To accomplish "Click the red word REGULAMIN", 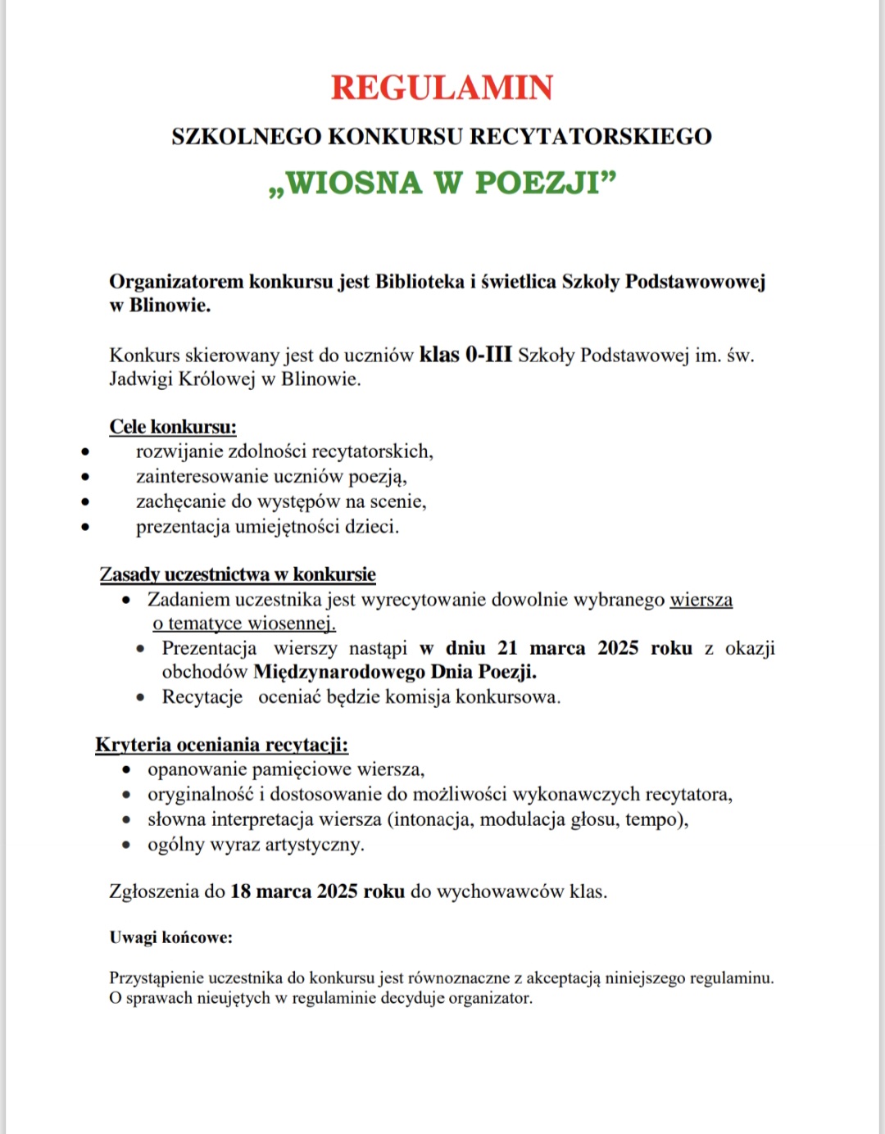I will point(442,88).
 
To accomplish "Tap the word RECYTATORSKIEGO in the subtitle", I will point(590,136).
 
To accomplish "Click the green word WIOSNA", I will point(354,183).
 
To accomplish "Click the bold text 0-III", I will point(488,355).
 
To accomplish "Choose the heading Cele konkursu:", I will point(173,427).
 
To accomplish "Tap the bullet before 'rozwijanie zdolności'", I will point(85,451).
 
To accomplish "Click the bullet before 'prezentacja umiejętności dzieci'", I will point(85,527).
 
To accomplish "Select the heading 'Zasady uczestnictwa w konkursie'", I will point(238,574).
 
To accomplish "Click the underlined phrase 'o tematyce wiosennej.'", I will point(244,624).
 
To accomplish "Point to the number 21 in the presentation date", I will point(507,648).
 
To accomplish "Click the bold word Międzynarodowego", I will point(338,673).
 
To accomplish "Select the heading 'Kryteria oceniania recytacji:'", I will point(221,745).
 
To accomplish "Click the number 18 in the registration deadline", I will point(241,891).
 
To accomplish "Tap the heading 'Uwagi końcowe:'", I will point(170,937).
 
